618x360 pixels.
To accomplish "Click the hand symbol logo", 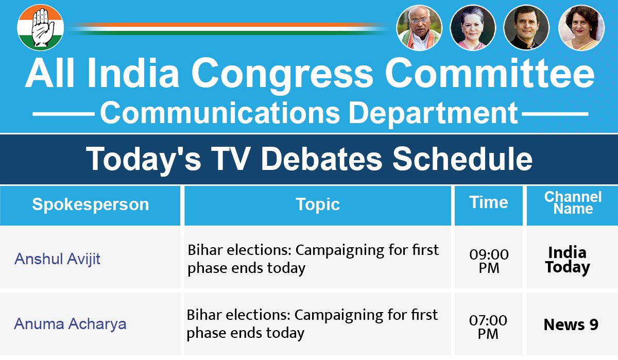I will [x=40, y=28].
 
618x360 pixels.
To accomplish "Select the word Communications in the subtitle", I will [x=219, y=113].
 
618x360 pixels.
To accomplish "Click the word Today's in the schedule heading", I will [x=144, y=159].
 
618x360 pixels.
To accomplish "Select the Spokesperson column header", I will [x=90, y=204].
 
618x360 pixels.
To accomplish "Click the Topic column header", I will [x=318, y=204].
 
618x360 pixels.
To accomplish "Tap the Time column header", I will [x=488, y=202].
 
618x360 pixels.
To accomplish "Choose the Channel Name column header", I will [x=573, y=203].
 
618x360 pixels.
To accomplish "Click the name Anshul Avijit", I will [x=57, y=259].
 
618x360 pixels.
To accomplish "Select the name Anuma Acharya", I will [x=70, y=324].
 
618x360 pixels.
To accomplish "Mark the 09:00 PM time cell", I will [x=488, y=261].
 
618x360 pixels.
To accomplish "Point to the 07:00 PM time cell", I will [x=488, y=327].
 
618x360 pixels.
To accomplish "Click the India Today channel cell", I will [x=568, y=260].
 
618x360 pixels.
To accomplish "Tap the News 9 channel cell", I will [x=571, y=325].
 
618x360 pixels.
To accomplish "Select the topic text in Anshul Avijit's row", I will [x=313, y=259].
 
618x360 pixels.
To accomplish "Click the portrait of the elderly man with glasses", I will [x=419, y=28].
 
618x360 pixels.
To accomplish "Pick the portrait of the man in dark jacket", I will [x=526, y=28].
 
